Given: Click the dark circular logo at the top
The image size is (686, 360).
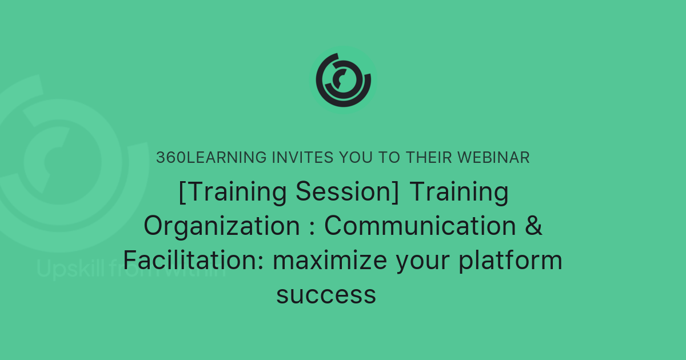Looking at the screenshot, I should pyautogui.click(x=344, y=79).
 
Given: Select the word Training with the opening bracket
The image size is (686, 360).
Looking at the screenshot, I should pyautogui.click(x=232, y=193).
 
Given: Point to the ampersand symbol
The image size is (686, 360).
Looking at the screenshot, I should pyautogui.click(x=533, y=226).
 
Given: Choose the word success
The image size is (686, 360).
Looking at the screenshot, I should pyautogui.click(x=326, y=295).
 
